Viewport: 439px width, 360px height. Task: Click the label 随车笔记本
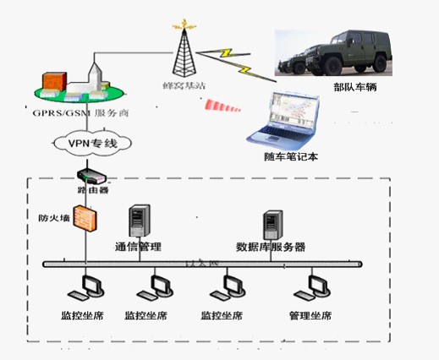(290, 157)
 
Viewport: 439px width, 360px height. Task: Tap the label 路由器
(93, 191)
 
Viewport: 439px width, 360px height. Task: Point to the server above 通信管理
(138, 221)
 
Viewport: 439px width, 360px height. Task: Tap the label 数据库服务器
(271, 248)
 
